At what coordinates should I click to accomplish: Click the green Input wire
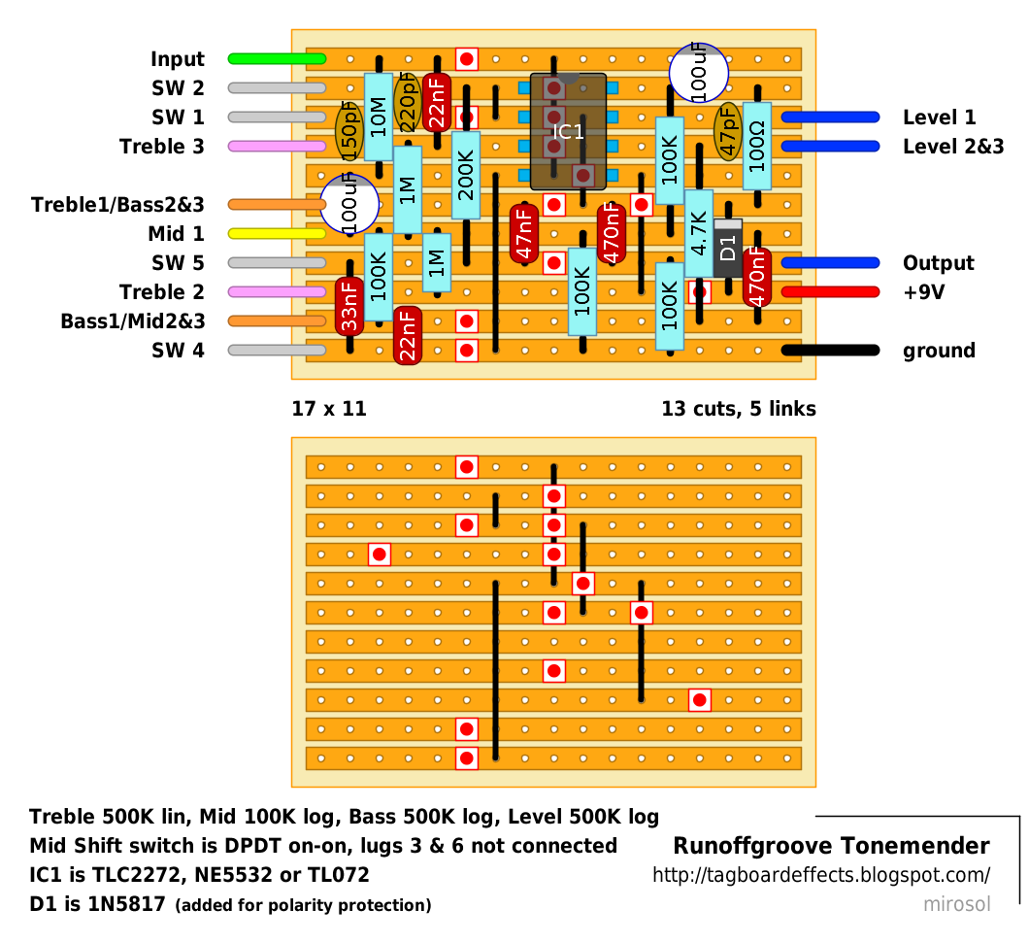click(277, 59)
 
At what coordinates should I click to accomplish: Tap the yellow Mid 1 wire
click(277, 234)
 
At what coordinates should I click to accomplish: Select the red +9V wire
click(830, 292)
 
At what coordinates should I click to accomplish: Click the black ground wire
click(830, 351)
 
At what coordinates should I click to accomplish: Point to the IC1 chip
click(568, 131)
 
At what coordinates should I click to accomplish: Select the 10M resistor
click(379, 117)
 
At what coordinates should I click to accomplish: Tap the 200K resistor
click(466, 176)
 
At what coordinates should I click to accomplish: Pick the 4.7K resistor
click(699, 233)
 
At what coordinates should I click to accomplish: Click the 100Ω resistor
click(757, 146)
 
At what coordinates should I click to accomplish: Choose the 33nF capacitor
click(349, 306)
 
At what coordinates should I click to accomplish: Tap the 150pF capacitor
click(349, 131)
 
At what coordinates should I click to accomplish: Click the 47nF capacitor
click(524, 233)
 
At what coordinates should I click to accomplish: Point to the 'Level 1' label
click(939, 118)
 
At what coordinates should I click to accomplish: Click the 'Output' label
click(938, 263)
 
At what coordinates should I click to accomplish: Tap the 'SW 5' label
click(178, 263)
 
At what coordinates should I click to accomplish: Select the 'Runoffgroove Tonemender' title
click(831, 846)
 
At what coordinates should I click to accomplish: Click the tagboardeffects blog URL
click(821, 875)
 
